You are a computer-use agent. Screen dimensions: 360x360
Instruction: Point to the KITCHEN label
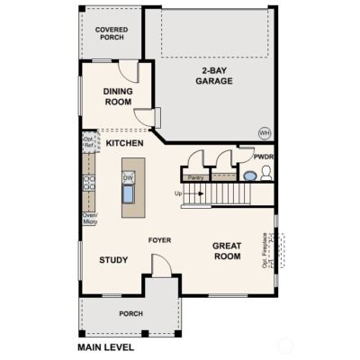coord(125,143)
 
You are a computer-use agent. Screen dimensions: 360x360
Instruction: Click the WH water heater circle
coord(265,131)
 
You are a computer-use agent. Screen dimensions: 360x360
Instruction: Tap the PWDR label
coord(263,157)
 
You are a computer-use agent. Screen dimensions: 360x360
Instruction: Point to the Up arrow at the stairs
coord(180,193)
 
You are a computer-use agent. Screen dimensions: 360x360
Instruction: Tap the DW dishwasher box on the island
coord(128,178)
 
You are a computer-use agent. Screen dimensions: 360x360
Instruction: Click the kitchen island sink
coord(128,194)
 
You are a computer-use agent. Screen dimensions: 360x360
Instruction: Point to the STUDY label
coord(112,260)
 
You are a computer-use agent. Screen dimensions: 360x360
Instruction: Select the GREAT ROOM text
coord(227,251)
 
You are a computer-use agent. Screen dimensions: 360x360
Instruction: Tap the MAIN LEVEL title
coord(105,346)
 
